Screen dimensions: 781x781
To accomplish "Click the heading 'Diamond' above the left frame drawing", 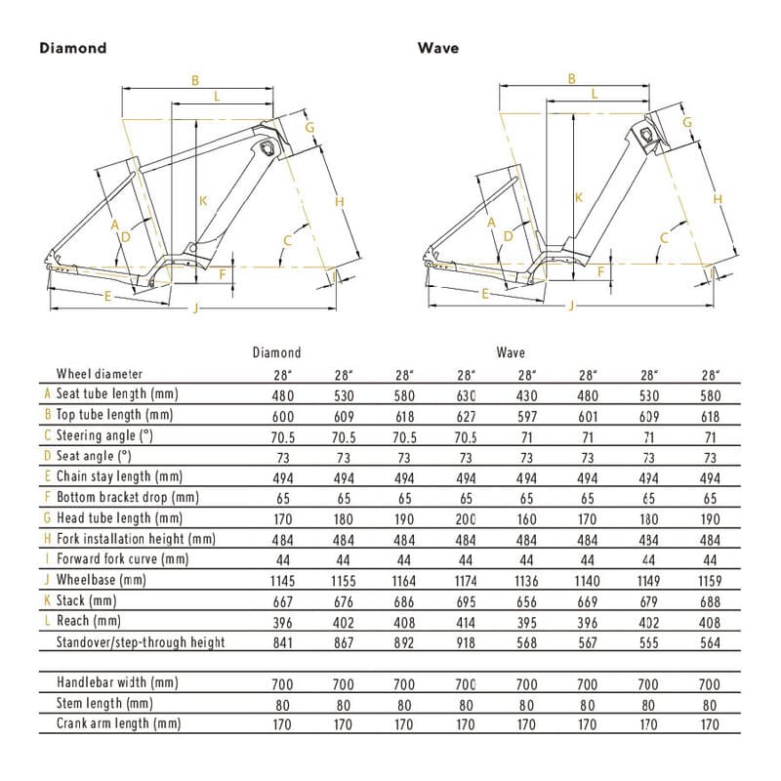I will pos(72,47).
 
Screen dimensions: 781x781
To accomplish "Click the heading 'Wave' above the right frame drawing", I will pos(438,47).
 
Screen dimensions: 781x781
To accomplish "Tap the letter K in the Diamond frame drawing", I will pos(203,201).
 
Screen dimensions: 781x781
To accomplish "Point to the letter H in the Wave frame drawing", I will pos(718,199).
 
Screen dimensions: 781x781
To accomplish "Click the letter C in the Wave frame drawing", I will pos(664,237).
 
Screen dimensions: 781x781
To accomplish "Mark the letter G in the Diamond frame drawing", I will pos(308,128).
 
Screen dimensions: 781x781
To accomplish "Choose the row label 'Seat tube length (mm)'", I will pos(117,393).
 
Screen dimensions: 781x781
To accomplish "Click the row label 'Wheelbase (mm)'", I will pos(102,580).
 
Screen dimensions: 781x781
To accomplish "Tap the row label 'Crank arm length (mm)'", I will pos(119,723).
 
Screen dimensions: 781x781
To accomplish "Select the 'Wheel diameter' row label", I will pos(100,373).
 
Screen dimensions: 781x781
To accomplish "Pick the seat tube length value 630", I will pos(466,394).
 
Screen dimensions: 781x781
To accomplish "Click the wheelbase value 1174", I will pos(466,580).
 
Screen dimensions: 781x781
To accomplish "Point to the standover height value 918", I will pos(466,641).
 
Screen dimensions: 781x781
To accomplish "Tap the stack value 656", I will pos(527,600).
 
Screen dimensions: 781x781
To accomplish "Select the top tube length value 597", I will pos(527,415).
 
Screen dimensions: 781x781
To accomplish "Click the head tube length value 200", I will pos(466,518).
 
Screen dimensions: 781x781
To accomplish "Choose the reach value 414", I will pos(466,621).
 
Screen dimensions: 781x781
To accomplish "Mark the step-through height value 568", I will pos(527,641).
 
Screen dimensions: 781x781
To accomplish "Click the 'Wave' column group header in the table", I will pos(511,352).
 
